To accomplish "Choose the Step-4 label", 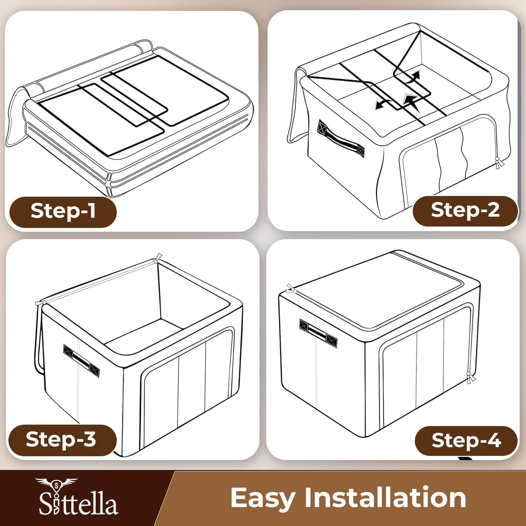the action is point(466,441).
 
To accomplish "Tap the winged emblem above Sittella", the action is point(56,484).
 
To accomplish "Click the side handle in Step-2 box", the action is point(341,139).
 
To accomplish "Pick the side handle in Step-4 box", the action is point(318,333).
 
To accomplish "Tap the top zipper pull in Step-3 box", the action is point(157,259).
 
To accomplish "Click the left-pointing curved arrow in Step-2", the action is point(382,104).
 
